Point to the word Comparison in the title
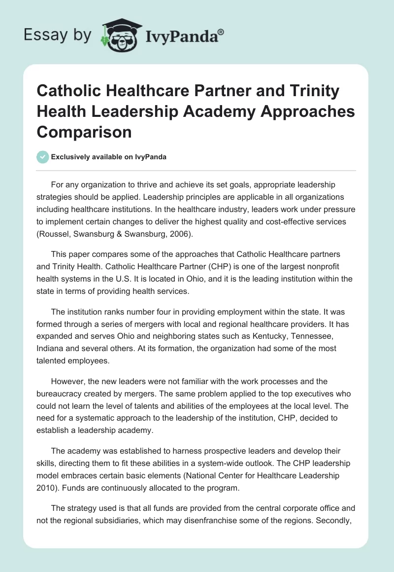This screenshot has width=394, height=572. point(84,132)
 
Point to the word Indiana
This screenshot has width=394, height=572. point(53,348)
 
